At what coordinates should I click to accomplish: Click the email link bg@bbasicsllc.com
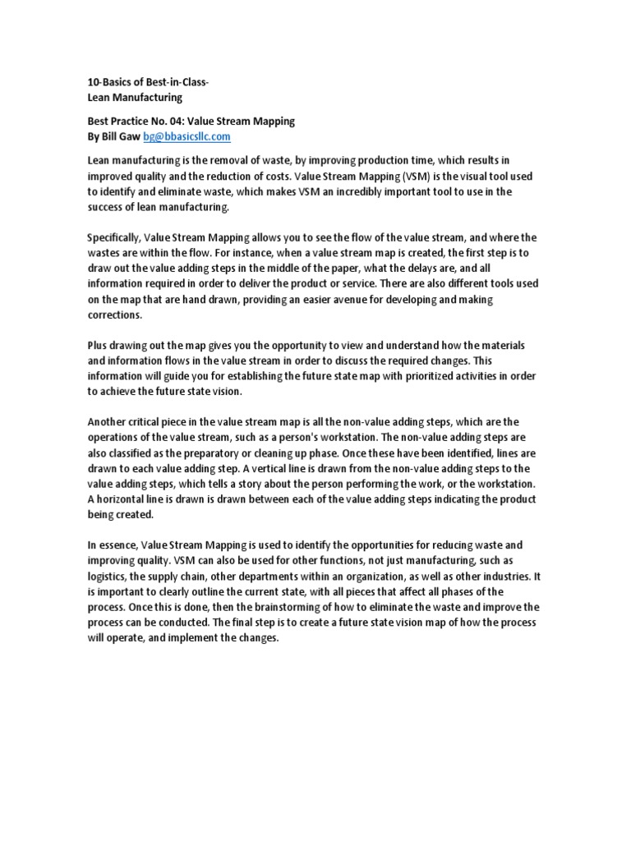pyautogui.click(x=187, y=136)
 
